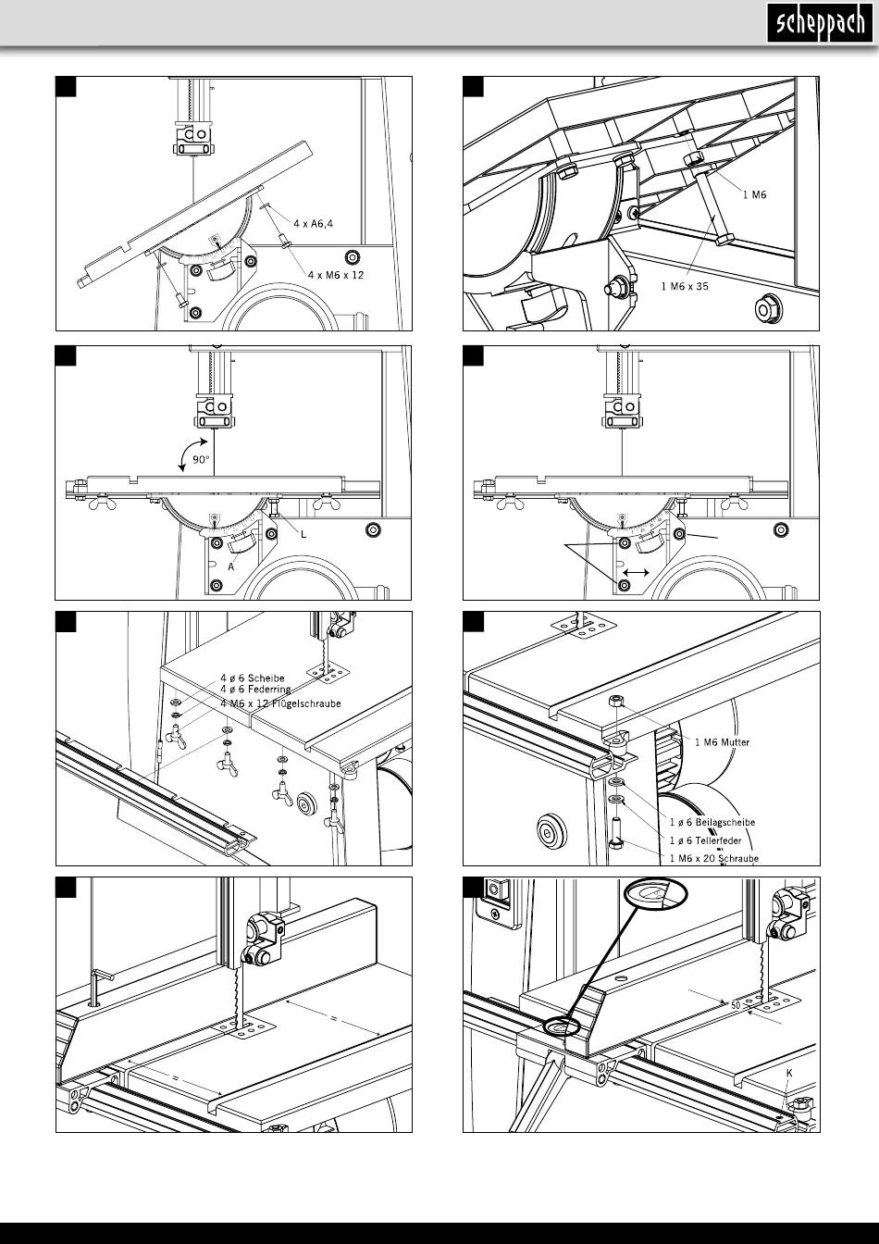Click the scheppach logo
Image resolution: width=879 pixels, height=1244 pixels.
click(820, 23)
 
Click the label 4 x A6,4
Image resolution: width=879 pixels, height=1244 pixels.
click(313, 224)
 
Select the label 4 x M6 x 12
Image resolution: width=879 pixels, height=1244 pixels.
click(336, 275)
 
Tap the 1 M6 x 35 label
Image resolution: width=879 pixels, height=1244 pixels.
click(685, 287)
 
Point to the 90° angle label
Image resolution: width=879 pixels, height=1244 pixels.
click(201, 460)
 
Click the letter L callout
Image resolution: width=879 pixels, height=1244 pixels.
click(303, 534)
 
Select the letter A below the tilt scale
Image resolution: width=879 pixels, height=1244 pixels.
click(231, 567)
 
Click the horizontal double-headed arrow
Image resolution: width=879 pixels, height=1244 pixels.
click(636, 572)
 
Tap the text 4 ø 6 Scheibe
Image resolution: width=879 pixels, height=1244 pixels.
click(252, 678)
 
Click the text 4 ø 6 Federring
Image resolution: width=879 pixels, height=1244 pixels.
click(255, 690)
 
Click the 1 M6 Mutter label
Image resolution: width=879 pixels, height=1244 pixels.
click(722, 742)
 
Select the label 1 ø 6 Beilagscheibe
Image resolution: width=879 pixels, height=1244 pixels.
click(712, 823)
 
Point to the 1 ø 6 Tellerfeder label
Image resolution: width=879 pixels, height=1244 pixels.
click(705, 840)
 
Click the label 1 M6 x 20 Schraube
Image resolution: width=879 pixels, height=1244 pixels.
click(714, 859)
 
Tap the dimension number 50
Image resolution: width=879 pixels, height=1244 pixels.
click(736, 1006)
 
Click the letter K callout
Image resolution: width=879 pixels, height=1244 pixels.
click(789, 1074)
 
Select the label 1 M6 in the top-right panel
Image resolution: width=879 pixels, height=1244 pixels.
click(754, 194)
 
